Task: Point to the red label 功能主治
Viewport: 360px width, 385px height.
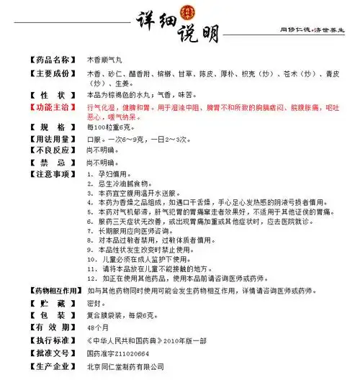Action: (x=51, y=107)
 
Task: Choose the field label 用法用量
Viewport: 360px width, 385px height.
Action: (x=51, y=140)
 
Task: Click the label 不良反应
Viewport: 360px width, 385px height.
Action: (x=51, y=150)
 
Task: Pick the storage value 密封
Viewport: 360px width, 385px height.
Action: (x=94, y=304)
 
